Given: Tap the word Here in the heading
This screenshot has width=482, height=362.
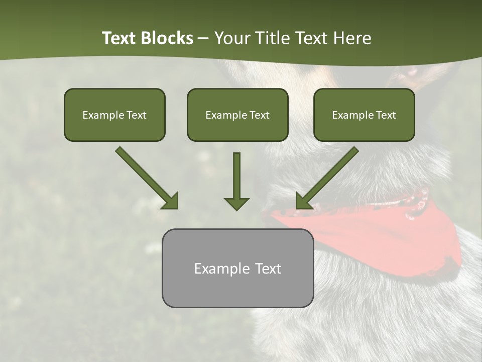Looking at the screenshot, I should [x=351, y=38].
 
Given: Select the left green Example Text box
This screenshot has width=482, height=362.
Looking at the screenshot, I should [x=114, y=115].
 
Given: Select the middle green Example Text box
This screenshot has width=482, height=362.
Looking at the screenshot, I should [x=237, y=115].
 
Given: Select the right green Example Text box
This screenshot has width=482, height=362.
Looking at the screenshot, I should [x=364, y=115].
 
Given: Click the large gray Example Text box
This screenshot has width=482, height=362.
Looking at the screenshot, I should [x=237, y=268].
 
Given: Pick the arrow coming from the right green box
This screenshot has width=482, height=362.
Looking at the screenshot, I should [x=329, y=176].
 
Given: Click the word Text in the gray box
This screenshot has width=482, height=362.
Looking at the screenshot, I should [x=268, y=268].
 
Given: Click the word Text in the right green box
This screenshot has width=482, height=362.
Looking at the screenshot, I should [x=386, y=115].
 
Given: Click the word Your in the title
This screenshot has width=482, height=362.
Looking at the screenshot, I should [x=231, y=38].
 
